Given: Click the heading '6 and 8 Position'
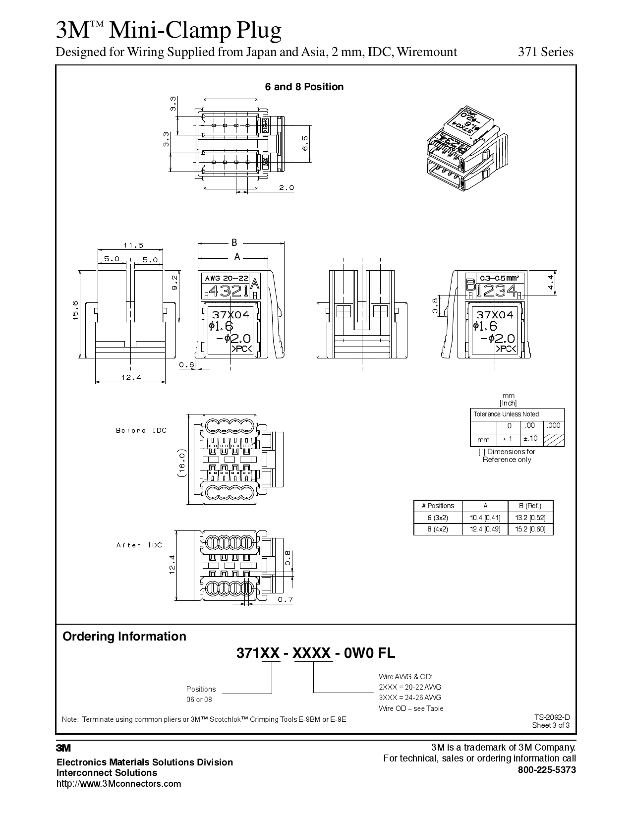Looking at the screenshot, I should pos(304,87).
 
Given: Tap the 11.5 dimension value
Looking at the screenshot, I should pos(133,245).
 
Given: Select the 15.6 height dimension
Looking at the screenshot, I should pos(76,310).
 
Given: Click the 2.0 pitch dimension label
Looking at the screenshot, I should pos(286,188).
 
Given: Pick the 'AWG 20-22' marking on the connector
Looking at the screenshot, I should pos(227,279).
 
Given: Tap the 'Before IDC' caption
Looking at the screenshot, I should pos(141,430).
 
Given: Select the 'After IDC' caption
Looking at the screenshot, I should pos(139,545).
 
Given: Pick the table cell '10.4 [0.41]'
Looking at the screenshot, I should pos(485,518).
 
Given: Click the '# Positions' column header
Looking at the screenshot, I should pos(438,506).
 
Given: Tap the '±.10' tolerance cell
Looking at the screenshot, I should pos(530,438).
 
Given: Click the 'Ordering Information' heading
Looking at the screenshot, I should pos(124,637).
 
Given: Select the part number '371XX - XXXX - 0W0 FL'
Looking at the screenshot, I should pos(316,653).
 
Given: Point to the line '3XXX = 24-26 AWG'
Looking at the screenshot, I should pos(410,698).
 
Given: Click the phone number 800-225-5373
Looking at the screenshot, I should pos(547,770).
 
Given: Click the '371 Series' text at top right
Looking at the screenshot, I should pos(545,52).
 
